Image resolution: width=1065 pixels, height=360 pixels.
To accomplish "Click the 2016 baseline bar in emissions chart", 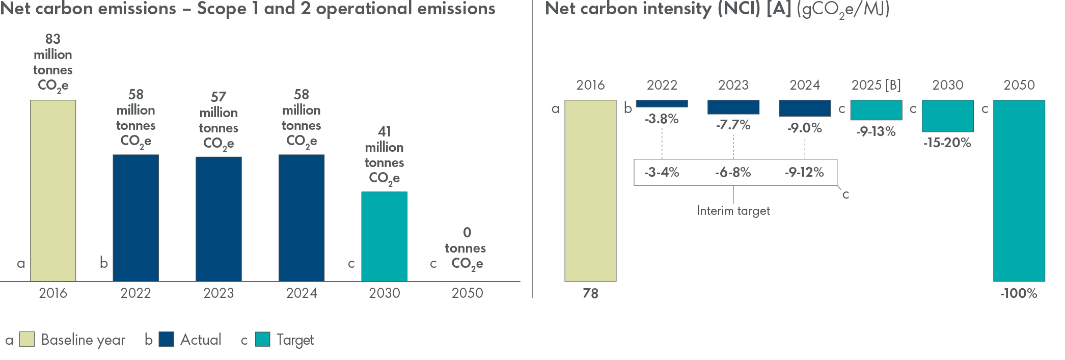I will click(53, 190).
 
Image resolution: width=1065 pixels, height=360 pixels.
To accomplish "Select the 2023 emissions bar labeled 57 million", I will click(219, 219).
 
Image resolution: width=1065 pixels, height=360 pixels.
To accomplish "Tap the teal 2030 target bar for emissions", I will click(384, 236).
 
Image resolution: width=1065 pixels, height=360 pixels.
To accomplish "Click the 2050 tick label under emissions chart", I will click(467, 293).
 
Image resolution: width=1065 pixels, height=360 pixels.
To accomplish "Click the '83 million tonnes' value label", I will click(53, 62).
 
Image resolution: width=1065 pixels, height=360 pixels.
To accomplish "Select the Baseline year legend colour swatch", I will click(27, 340).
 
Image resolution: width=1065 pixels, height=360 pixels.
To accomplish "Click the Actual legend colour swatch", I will click(167, 340).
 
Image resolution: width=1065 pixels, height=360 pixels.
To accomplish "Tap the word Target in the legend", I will click(295, 340).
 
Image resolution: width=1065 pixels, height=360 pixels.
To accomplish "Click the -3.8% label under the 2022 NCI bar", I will click(662, 119).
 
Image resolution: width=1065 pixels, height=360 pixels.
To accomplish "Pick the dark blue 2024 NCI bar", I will click(805, 108).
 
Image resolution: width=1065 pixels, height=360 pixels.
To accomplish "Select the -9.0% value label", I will click(805, 128).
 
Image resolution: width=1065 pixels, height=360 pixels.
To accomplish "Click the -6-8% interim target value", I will click(733, 173).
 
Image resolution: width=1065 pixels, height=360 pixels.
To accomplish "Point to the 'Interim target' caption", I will click(733, 211).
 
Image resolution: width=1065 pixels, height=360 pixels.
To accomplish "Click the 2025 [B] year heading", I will click(876, 85).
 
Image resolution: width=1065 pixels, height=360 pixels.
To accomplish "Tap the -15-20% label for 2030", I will click(947, 143).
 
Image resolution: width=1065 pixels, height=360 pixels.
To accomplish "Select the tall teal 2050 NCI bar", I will click(1019, 190).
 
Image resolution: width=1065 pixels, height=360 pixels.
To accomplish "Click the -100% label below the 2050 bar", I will click(1019, 294).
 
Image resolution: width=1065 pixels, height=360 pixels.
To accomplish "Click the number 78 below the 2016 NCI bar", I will click(590, 294).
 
